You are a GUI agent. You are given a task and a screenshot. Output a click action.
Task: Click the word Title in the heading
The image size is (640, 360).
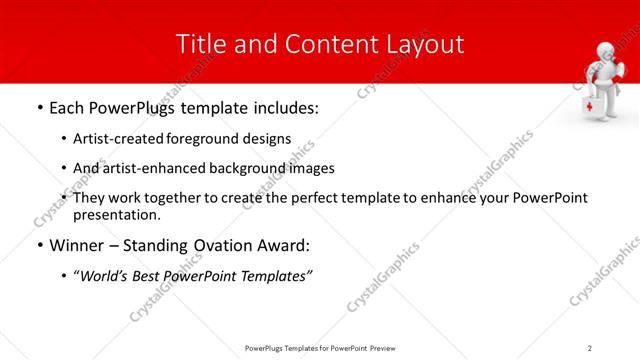pos(198,44)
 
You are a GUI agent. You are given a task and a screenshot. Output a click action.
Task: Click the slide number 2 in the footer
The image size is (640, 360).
pos(590,347)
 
